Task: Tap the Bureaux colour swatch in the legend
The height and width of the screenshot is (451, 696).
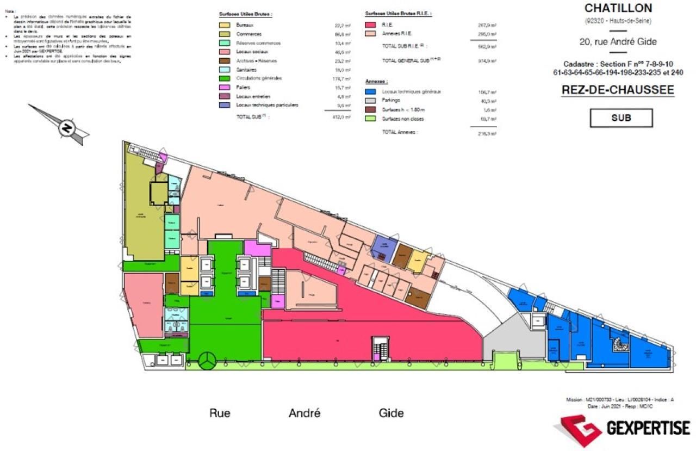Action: pos(224,26)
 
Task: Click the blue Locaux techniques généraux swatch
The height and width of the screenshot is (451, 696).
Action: pos(371,92)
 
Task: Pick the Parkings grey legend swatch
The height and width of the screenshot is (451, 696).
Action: pos(371,101)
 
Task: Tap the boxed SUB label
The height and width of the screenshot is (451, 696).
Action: pos(621,118)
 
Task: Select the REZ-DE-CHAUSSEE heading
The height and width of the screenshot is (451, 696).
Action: pos(617,90)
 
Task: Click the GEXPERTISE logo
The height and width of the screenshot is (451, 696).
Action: pos(623,429)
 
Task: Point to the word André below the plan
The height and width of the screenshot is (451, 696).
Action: pos(304,413)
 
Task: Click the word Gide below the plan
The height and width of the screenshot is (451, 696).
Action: pos(391,413)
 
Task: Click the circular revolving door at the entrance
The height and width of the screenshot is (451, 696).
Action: pos(207,360)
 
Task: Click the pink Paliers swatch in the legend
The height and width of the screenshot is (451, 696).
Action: pos(224,87)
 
